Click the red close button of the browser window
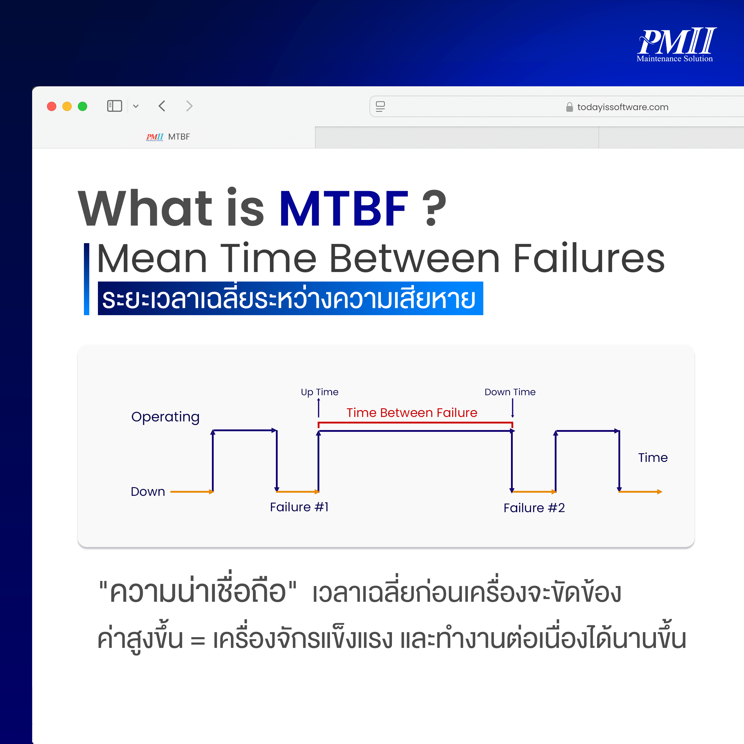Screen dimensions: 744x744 tap(51, 106)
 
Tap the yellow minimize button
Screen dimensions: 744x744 tap(67, 106)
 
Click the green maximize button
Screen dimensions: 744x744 tap(82, 106)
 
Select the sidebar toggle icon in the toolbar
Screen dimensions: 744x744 tap(114, 106)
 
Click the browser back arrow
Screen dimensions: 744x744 tap(162, 106)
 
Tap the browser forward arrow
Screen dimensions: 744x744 tap(189, 106)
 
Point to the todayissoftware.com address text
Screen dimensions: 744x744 tap(623, 107)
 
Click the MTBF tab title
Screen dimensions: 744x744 tap(179, 137)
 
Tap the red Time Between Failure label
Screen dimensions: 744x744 tap(412, 413)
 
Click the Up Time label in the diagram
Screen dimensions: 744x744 tap(320, 392)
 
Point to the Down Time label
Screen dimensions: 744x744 tap(510, 392)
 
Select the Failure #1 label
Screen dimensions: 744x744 tap(299, 507)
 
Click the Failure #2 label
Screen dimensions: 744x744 tap(534, 508)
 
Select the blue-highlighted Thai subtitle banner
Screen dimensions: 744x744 tap(290, 298)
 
